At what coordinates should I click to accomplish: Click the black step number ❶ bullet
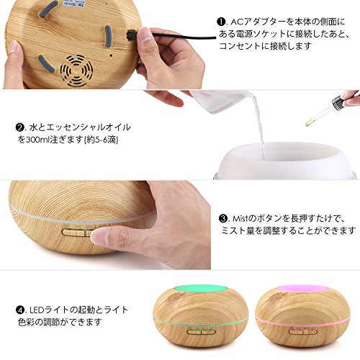point(221,22)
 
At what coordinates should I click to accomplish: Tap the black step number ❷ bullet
point(19,127)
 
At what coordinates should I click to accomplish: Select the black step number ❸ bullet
point(223,219)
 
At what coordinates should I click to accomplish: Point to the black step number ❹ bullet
point(19,310)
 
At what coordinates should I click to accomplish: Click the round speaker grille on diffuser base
point(76,71)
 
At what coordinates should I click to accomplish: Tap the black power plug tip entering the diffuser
point(131,35)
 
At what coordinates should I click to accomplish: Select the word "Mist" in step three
point(240,219)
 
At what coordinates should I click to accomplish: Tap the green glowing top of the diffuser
point(200,289)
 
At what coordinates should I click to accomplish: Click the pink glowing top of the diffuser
point(302,289)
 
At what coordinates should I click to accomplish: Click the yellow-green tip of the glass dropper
point(308,123)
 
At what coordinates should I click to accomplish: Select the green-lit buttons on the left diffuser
point(202,332)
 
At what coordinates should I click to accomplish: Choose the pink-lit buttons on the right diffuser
point(303,332)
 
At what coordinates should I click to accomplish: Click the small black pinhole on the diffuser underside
point(111,55)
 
